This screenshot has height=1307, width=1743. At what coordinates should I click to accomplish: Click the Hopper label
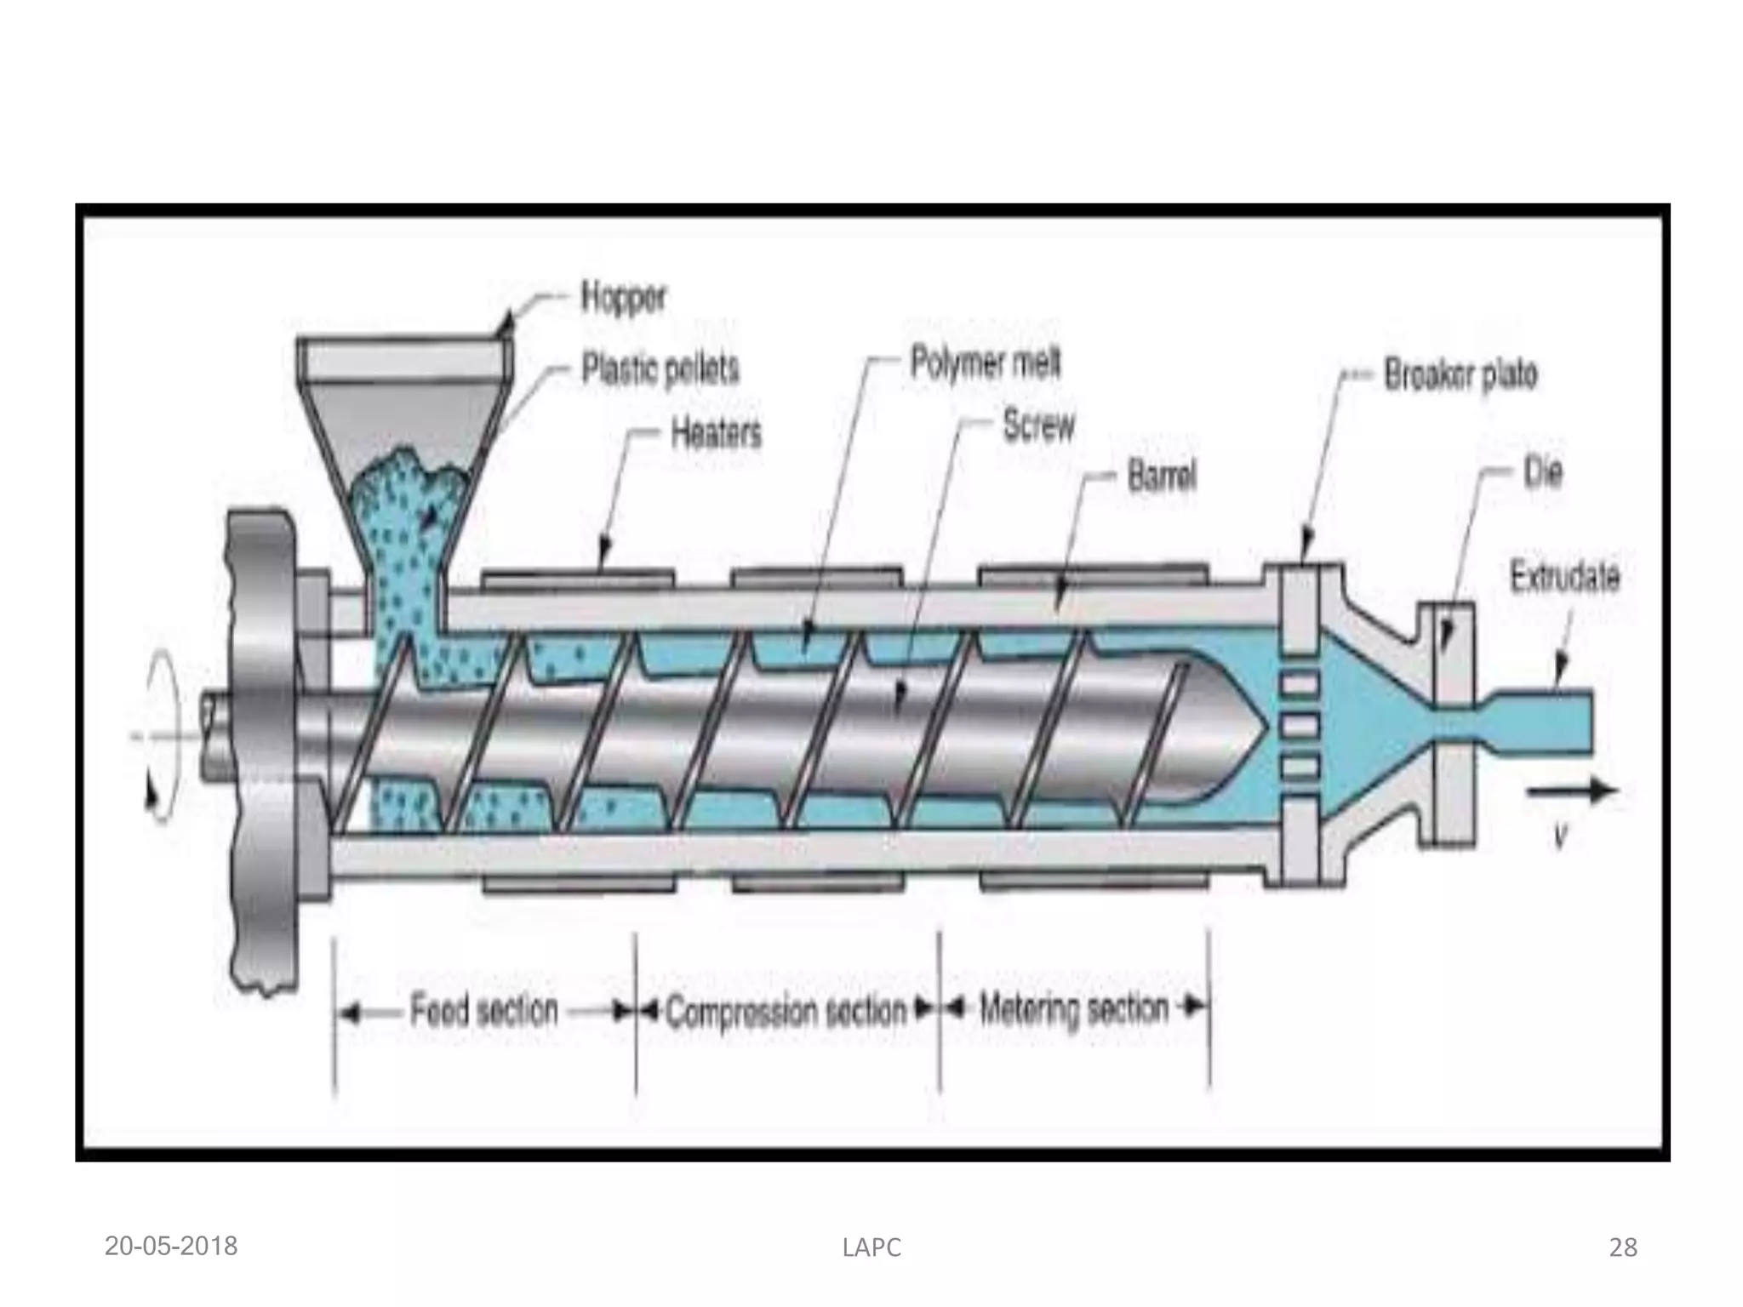623,298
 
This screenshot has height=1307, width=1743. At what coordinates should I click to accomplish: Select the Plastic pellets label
660,369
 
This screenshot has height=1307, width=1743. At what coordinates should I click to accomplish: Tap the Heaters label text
716,434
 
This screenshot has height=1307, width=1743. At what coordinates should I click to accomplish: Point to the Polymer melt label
986,363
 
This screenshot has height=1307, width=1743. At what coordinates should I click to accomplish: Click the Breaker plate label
1460,375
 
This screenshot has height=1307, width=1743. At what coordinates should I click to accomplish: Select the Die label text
1543,473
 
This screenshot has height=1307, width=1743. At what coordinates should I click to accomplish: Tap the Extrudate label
1564,578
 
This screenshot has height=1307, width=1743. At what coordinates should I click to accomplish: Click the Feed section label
484,1011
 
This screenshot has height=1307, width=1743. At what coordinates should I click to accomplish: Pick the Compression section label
786,1012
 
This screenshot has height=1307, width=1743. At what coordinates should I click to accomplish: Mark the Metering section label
1074,1010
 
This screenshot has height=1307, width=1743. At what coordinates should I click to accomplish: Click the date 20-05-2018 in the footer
171,1247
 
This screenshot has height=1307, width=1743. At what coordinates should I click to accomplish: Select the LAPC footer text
871,1248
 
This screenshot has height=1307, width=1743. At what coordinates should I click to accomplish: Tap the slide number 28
1623,1248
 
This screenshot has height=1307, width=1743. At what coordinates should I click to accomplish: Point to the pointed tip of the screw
1263,729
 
